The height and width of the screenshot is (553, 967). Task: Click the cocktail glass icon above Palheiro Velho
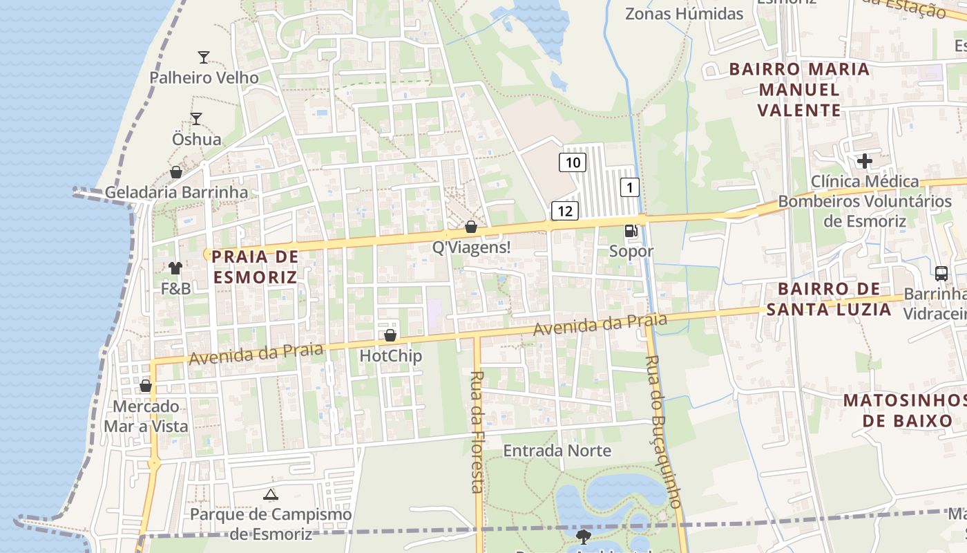pyautogui.click(x=203, y=57)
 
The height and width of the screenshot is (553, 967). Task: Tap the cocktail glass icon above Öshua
pyautogui.click(x=196, y=118)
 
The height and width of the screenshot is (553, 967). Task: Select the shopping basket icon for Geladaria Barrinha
pyautogui.click(x=176, y=171)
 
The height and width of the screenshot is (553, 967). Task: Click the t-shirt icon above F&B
pyautogui.click(x=175, y=268)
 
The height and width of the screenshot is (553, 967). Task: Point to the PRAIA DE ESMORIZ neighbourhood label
pyautogui.click(x=255, y=267)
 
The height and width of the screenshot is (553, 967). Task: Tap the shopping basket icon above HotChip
pyautogui.click(x=390, y=335)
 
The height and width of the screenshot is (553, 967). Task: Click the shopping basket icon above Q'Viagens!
pyautogui.click(x=471, y=226)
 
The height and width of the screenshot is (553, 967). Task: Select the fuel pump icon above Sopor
pyautogui.click(x=631, y=231)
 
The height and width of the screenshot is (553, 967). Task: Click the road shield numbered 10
pyautogui.click(x=573, y=162)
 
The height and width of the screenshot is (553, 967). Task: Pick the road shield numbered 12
pyautogui.click(x=564, y=211)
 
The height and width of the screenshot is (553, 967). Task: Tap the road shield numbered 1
pyautogui.click(x=629, y=187)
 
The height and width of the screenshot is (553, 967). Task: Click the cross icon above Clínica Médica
pyautogui.click(x=864, y=161)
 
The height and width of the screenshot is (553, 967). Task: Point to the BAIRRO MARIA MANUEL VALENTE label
pyautogui.click(x=799, y=89)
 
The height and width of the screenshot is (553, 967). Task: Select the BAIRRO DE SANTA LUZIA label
pyautogui.click(x=829, y=299)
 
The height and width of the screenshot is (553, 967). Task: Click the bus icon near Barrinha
pyautogui.click(x=941, y=273)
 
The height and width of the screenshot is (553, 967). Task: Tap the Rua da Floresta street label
pyautogui.click(x=477, y=432)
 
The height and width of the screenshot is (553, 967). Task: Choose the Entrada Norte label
pyautogui.click(x=557, y=451)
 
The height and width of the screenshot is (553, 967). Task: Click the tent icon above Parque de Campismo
pyautogui.click(x=271, y=494)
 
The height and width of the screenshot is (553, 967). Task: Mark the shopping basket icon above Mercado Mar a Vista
pyautogui.click(x=146, y=386)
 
